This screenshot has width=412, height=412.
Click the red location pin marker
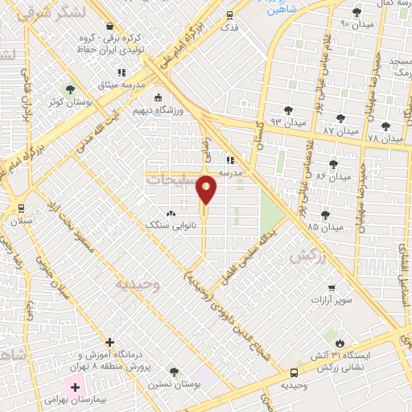coord(207,190)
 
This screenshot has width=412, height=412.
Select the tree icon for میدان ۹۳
coord(287,109)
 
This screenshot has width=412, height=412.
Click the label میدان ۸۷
coord(340,130)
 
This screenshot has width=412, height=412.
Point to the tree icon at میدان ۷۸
coord(385,126)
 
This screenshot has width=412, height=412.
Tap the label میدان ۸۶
coord(334,175)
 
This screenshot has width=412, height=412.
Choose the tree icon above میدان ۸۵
coord(325,214)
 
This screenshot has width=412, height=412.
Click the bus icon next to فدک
coord(230,14)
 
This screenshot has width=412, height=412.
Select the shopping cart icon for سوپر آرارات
coord(331,287)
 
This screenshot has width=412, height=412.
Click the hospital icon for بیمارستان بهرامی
coord(76,387)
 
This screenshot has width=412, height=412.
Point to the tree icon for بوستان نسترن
coord(174,371)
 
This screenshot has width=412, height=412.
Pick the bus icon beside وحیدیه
coord(294,373)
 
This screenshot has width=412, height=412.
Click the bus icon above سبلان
coord(20,207)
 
